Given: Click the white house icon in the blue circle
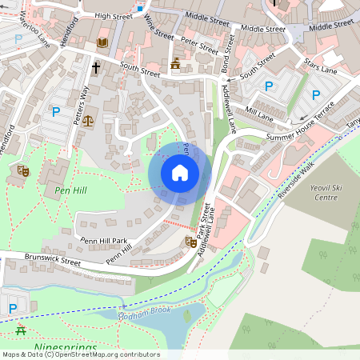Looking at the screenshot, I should (180, 172).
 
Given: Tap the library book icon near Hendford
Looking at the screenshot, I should (102, 42).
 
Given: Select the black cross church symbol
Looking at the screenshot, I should (96, 69).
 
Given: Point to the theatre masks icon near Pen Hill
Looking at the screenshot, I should (23, 170).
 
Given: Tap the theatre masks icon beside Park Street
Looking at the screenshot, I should (190, 241).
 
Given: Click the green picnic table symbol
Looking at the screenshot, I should (20, 330).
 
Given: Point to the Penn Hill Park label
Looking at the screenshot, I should (103, 240).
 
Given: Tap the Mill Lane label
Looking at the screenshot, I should (259, 112).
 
